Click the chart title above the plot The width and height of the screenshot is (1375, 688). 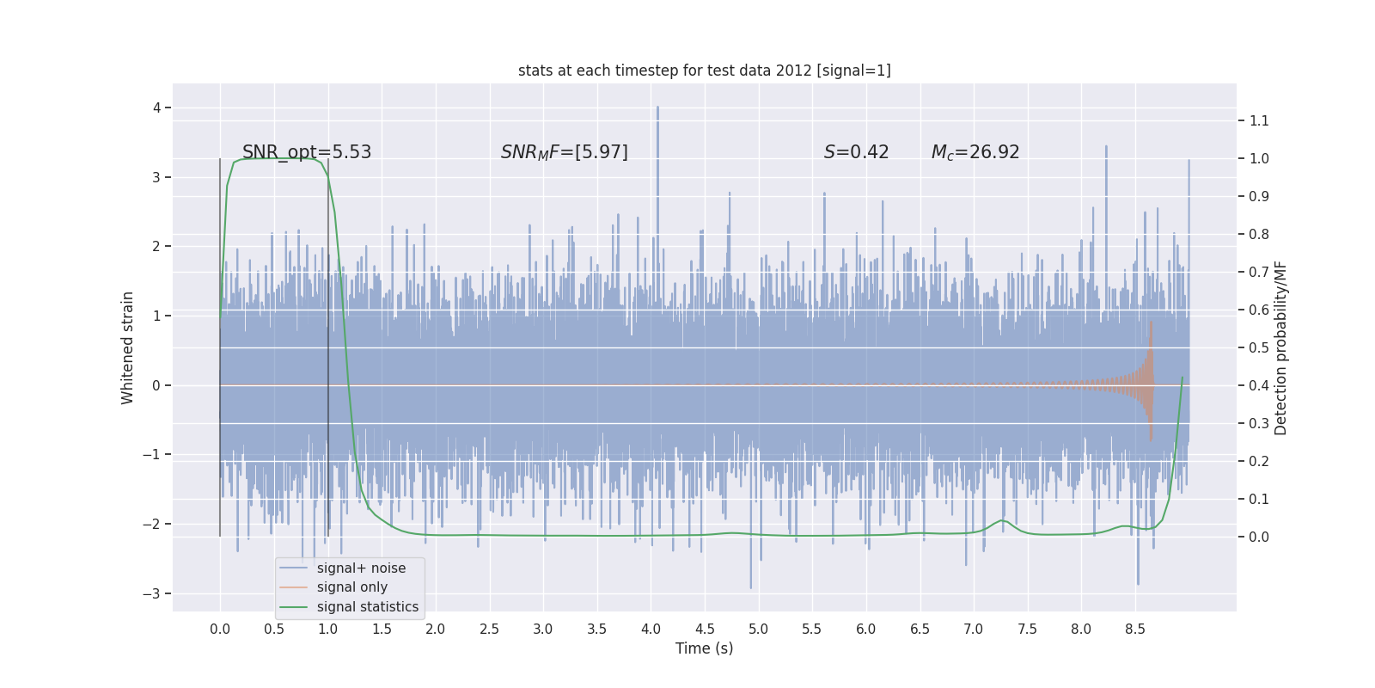(x=704, y=71)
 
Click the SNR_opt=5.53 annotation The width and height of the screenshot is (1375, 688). (x=307, y=152)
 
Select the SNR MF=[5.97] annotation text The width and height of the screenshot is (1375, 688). (x=564, y=152)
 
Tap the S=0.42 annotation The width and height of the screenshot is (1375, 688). (x=856, y=152)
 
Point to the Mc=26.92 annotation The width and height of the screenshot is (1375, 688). (x=975, y=152)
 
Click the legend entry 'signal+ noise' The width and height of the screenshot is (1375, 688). (x=361, y=568)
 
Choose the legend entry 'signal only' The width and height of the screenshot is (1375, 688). (x=351, y=587)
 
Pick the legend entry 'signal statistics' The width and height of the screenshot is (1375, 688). (x=367, y=607)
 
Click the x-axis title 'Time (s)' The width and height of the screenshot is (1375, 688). (x=704, y=648)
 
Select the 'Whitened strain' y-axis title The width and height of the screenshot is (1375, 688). (x=128, y=347)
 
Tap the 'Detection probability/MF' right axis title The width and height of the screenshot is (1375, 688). (x=1280, y=347)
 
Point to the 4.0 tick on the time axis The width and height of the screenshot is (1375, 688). (x=651, y=629)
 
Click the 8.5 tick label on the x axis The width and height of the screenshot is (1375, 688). (x=1134, y=629)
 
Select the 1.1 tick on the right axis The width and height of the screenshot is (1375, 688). (x=1259, y=120)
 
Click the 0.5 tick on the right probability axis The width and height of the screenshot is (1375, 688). (x=1259, y=347)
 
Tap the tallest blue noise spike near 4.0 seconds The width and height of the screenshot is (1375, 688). (x=658, y=109)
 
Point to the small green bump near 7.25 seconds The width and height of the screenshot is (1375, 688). (x=1002, y=521)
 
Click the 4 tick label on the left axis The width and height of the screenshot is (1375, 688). (x=156, y=107)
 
